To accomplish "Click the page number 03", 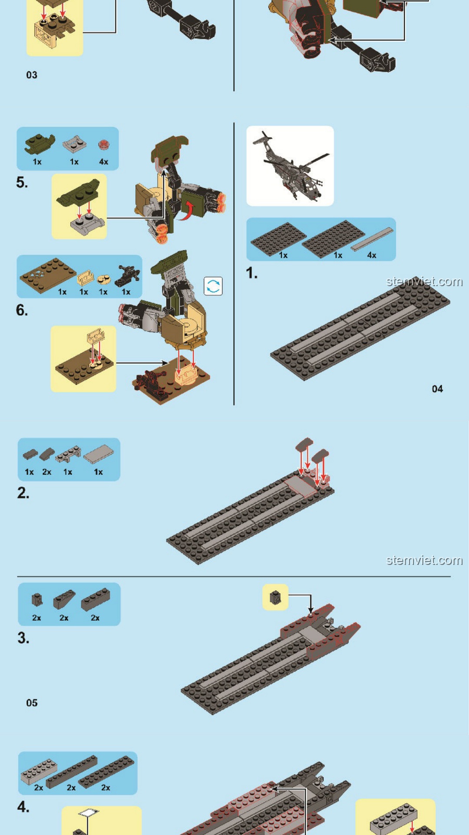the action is click(x=32, y=75).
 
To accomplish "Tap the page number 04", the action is click(x=437, y=389).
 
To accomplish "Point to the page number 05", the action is click(x=32, y=703).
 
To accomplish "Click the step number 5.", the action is click(x=22, y=182).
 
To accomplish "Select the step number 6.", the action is click(x=22, y=310).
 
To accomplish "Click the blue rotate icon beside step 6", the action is click(x=213, y=286).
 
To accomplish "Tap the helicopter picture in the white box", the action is click(x=290, y=166).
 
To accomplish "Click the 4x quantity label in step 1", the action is click(x=372, y=255).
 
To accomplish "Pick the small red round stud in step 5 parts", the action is click(x=103, y=144).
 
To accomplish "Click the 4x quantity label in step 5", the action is click(x=103, y=162).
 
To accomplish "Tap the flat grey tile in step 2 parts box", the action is click(x=99, y=454).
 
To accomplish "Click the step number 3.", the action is click(x=23, y=638).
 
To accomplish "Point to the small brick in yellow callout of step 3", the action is click(x=275, y=598).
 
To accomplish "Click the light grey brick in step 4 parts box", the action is click(x=39, y=771).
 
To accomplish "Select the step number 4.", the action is click(x=23, y=807).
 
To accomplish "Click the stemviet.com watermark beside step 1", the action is click(x=424, y=281).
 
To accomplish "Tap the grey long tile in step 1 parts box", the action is click(x=372, y=239).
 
